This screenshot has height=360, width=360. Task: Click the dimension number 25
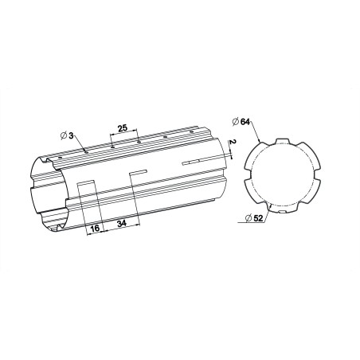point(123,127)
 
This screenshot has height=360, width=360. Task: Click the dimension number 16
point(95,228)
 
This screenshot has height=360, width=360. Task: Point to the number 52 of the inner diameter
point(259,217)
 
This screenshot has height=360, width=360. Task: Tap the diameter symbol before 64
point(235,120)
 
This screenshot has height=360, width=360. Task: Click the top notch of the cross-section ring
point(280,141)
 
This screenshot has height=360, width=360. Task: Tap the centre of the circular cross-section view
point(280,176)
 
